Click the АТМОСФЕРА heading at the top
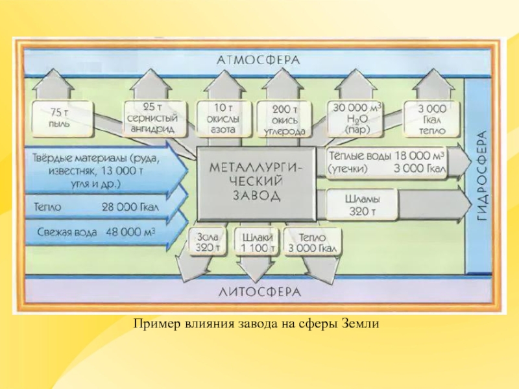pyautogui.click(x=258, y=60)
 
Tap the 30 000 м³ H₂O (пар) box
pyautogui.click(x=357, y=117)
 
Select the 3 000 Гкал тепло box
pyautogui.click(x=431, y=117)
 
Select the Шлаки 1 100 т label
pyautogui.click(x=258, y=241)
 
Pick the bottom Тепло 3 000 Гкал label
pyautogui.click(x=311, y=241)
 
